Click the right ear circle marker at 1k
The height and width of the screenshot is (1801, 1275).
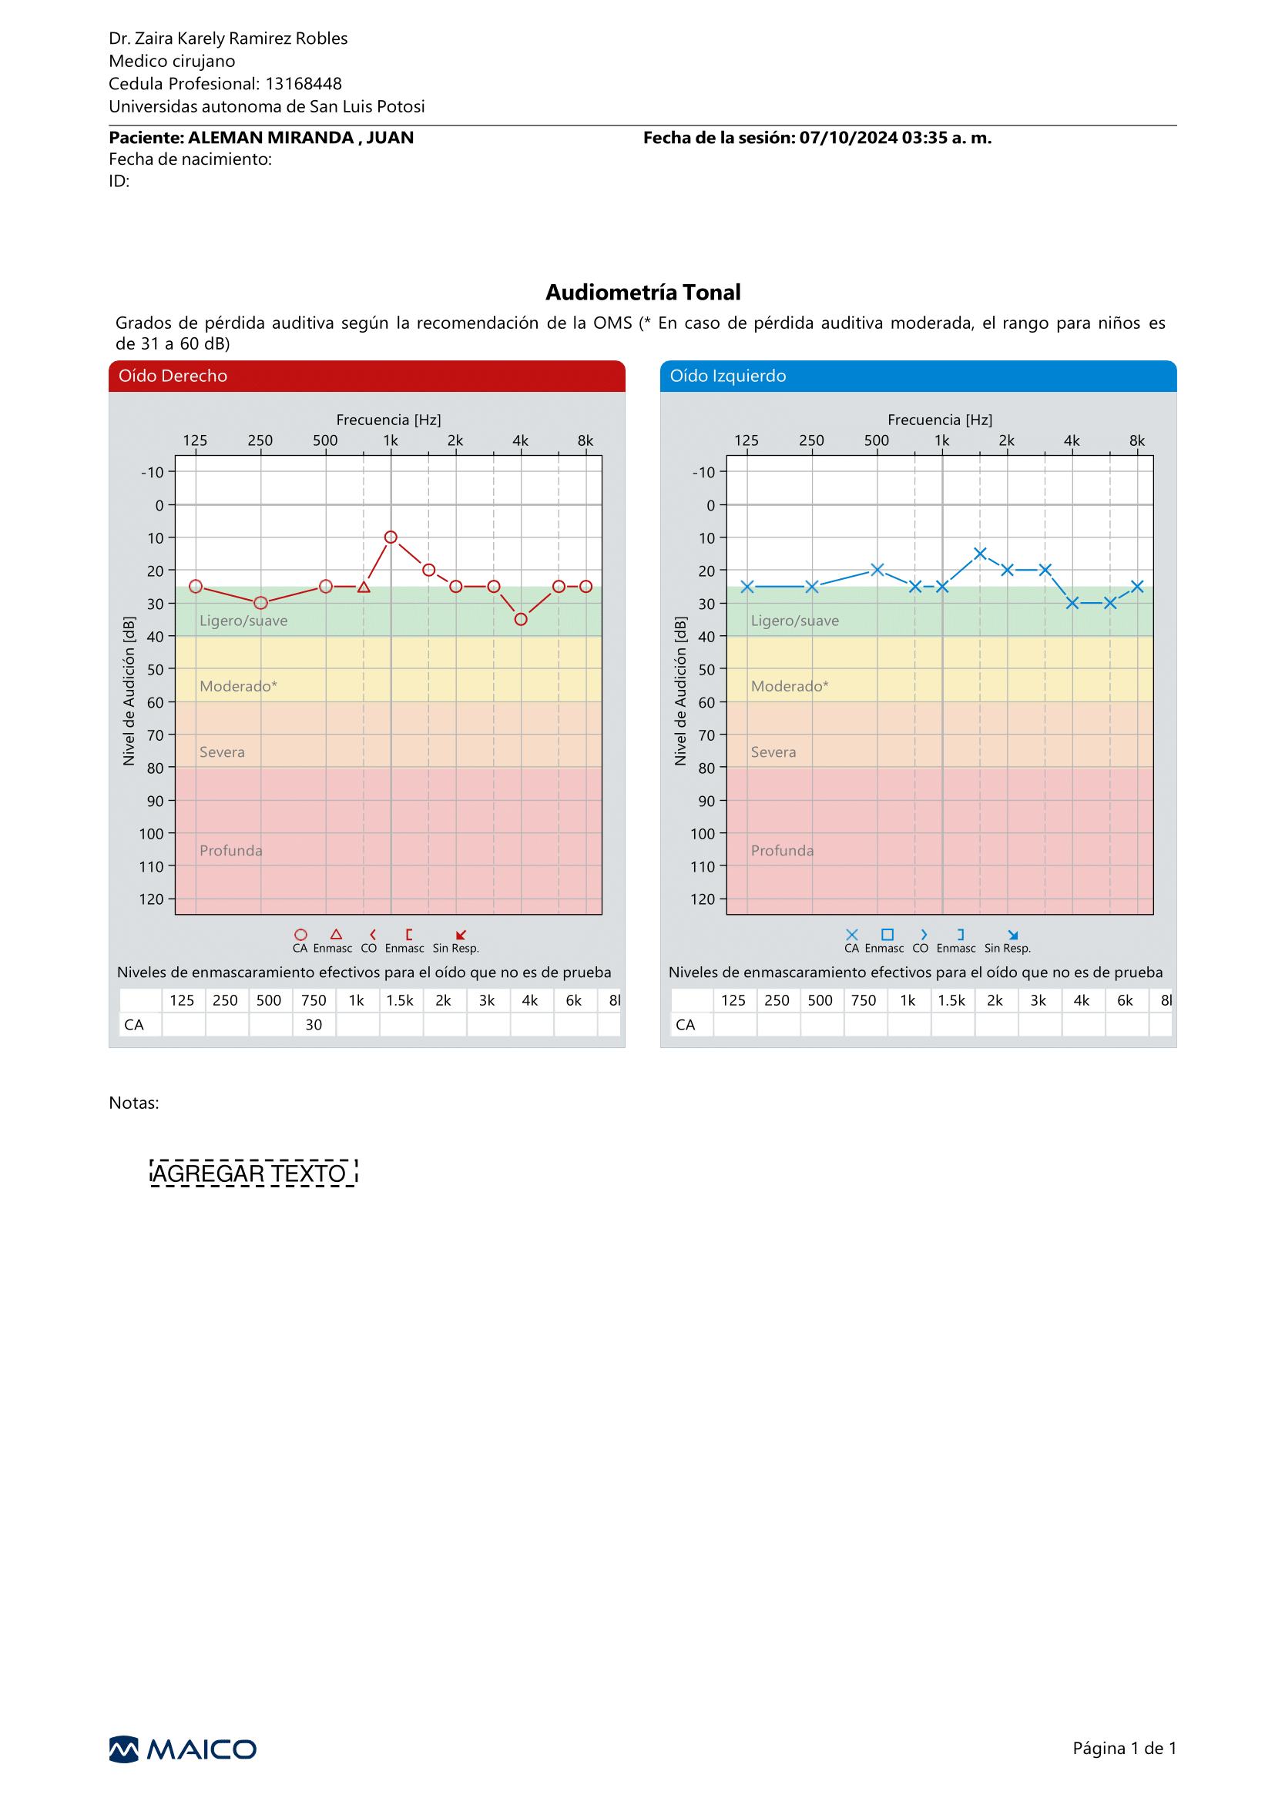coord(390,537)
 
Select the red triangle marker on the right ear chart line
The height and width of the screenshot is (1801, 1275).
coord(364,587)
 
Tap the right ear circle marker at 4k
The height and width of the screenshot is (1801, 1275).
coord(521,619)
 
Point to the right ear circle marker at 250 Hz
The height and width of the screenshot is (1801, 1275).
coord(260,603)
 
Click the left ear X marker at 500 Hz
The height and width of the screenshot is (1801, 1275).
coord(877,570)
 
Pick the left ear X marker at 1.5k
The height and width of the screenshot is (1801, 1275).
coord(980,554)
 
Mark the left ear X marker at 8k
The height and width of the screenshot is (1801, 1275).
coord(1137,586)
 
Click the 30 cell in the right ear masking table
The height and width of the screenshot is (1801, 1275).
coord(314,1024)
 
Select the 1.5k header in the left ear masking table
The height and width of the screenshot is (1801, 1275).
coord(951,999)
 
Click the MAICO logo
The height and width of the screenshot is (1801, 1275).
coord(182,1749)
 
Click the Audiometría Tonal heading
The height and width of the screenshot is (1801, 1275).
coord(643,292)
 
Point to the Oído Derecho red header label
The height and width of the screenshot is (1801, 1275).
coord(173,376)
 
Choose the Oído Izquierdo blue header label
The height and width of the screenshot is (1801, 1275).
coord(728,376)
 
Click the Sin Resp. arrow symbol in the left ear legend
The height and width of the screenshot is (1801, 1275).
coord(1013,935)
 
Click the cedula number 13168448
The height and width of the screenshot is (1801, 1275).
coord(303,84)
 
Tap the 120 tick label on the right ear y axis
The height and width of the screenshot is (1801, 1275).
coord(152,899)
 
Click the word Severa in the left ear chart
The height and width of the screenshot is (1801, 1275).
coord(773,752)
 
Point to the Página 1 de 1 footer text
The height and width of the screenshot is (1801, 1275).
coord(1124,1748)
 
